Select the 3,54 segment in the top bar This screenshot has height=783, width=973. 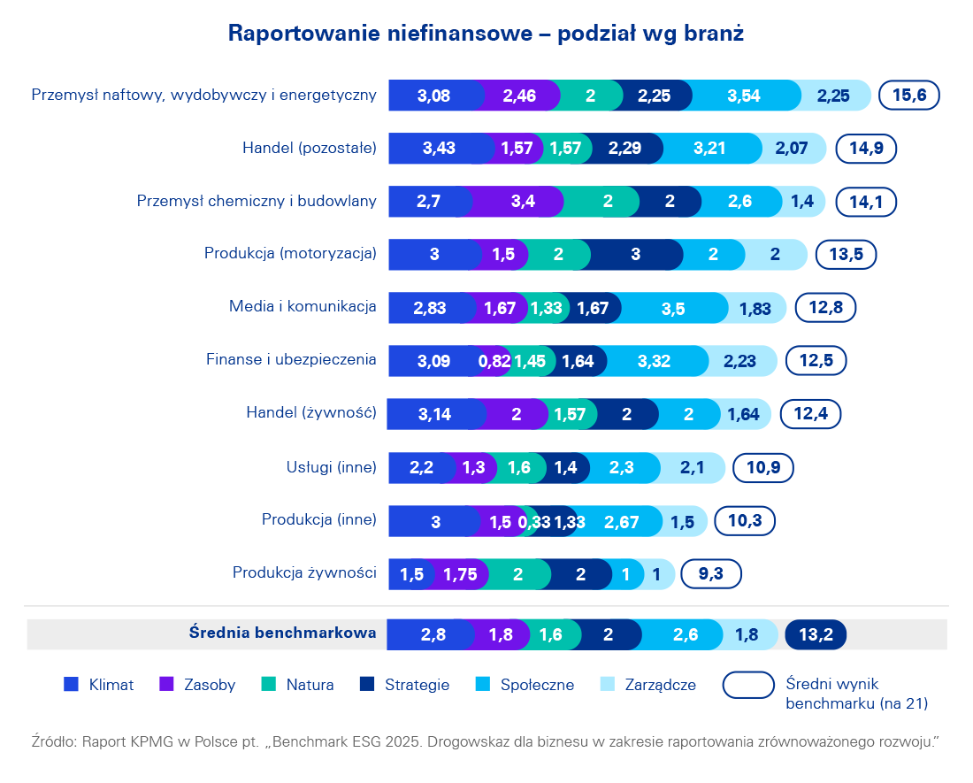(x=743, y=96)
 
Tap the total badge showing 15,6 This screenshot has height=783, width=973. (x=908, y=96)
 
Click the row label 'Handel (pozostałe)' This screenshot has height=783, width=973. (x=310, y=148)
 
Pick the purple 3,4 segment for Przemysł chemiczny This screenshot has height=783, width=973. (x=522, y=202)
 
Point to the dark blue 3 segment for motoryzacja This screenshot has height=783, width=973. (x=635, y=255)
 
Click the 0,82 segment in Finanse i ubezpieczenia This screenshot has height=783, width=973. (x=494, y=361)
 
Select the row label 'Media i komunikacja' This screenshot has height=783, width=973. (x=303, y=307)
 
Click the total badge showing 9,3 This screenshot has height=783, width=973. (x=710, y=574)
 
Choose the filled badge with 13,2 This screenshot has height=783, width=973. (x=815, y=633)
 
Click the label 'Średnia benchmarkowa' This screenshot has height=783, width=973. (x=283, y=633)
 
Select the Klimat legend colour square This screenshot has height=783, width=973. (x=72, y=684)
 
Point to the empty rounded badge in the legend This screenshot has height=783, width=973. (x=748, y=685)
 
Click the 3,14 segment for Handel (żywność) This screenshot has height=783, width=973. (x=433, y=414)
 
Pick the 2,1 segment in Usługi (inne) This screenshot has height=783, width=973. (x=692, y=468)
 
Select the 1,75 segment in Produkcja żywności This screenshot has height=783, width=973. (x=460, y=574)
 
